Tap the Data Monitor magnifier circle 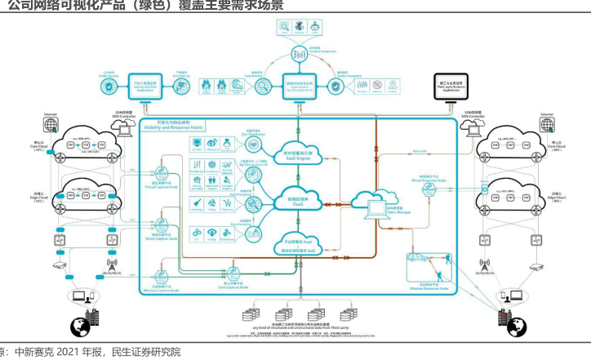262,85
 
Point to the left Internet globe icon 51,123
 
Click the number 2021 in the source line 67,353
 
